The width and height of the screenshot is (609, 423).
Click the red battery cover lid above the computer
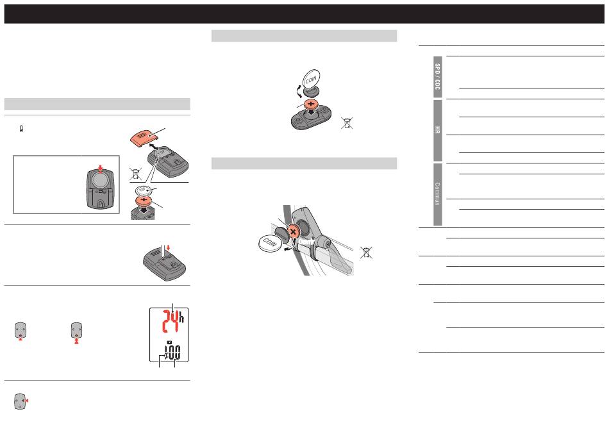click(x=144, y=138)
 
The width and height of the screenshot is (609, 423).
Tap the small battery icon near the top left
click(x=21, y=129)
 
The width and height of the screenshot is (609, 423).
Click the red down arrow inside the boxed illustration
click(x=101, y=169)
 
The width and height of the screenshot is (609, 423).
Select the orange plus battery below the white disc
click(x=144, y=201)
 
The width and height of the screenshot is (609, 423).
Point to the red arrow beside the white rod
click(x=168, y=248)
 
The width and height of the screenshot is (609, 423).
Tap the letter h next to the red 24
click(x=181, y=317)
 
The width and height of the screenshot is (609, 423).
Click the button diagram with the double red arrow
click(x=76, y=333)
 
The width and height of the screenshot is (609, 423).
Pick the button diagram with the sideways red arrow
click(x=21, y=401)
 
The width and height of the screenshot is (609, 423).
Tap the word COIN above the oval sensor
click(x=311, y=79)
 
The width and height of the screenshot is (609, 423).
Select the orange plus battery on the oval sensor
click(x=311, y=104)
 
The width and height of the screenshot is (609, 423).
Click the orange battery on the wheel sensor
click(x=294, y=232)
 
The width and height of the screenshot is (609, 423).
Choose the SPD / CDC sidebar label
click(x=438, y=77)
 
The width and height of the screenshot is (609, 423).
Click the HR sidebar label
click(x=438, y=130)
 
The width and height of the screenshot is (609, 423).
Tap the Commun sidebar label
click(x=438, y=194)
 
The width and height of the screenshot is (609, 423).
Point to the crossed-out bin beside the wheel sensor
click(x=366, y=253)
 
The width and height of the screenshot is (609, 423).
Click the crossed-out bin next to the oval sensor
click(x=347, y=123)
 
